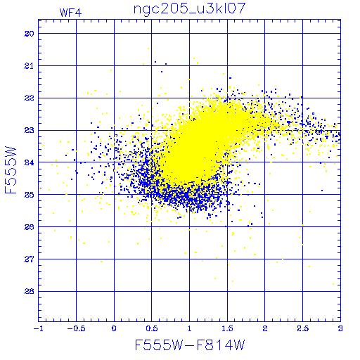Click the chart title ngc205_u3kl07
(x=189, y=9)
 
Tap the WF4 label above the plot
(x=70, y=13)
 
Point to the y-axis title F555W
(x=11, y=170)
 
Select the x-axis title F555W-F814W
(x=190, y=345)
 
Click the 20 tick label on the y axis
(x=30, y=34)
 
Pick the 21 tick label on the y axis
(x=30, y=66)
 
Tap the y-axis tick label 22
(x=30, y=98)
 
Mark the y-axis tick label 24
(x=30, y=162)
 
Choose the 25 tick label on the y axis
(x=30, y=195)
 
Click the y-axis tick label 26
(x=30, y=227)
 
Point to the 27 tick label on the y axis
(x=30, y=259)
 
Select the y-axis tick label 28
(x=30, y=292)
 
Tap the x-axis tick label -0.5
(x=76, y=328)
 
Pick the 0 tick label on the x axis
(x=114, y=328)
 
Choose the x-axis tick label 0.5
(x=152, y=328)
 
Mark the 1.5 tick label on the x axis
(x=227, y=328)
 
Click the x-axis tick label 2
(x=265, y=328)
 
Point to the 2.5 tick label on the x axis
(x=302, y=328)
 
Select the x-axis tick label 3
(x=340, y=328)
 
